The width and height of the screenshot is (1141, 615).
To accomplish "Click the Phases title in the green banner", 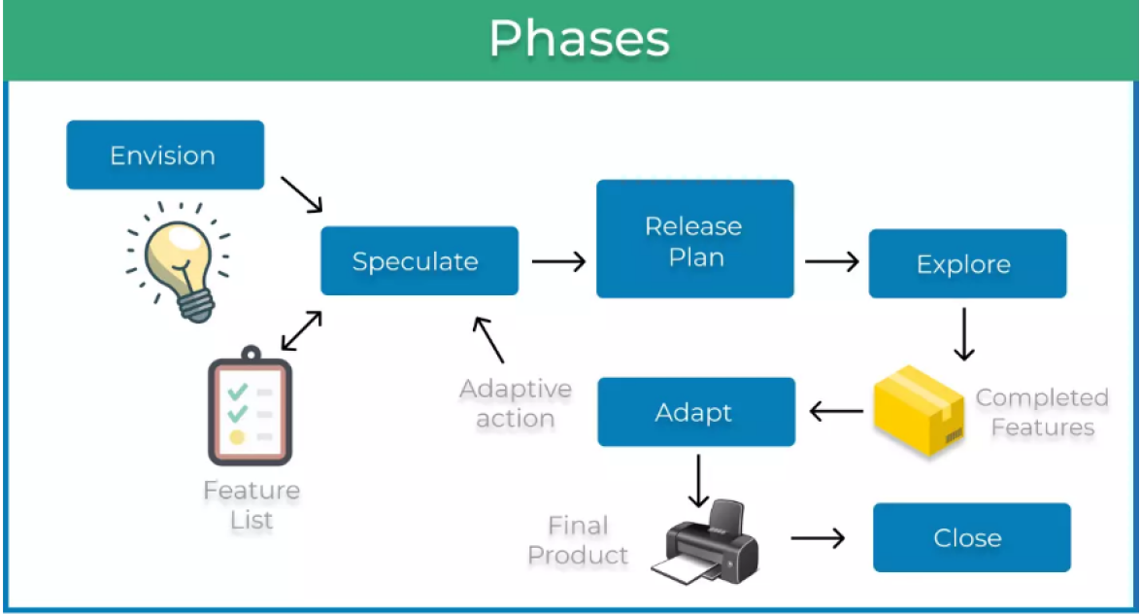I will pyautogui.click(x=579, y=40).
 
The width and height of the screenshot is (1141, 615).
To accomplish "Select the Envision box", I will pyautogui.click(x=164, y=155).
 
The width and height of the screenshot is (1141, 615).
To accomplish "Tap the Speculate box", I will pyautogui.click(x=419, y=260).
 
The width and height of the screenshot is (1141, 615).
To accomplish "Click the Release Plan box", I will pyautogui.click(x=694, y=240).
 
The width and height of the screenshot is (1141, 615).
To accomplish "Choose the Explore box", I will pyautogui.click(x=966, y=264).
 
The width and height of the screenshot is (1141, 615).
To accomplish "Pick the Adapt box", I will pyautogui.click(x=695, y=412).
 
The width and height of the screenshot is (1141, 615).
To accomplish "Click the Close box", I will pyautogui.click(x=970, y=537).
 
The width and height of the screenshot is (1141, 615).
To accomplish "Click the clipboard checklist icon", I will pyautogui.click(x=250, y=412).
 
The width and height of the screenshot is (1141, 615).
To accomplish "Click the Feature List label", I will pyautogui.click(x=252, y=505).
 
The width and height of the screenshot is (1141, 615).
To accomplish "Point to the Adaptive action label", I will pyautogui.click(x=516, y=404).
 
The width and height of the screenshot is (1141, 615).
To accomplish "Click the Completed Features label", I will pyautogui.click(x=1041, y=413).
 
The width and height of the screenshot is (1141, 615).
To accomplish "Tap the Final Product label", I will pyautogui.click(x=579, y=541).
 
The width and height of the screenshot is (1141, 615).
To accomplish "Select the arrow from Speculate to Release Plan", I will pyautogui.click(x=558, y=261).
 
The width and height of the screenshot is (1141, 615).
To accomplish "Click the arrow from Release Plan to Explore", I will pyautogui.click(x=832, y=261).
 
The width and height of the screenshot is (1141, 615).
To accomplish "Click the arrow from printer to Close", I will pyautogui.click(x=818, y=537).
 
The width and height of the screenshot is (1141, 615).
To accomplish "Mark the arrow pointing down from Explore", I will pyautogui.click(x=964, y=335).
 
